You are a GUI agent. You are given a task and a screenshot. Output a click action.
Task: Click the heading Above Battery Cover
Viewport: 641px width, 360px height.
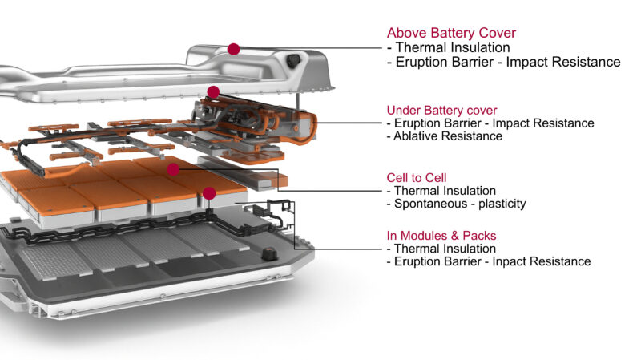tap(451, 33)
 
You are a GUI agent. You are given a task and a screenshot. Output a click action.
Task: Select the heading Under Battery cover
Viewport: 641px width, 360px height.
tap(442, 111)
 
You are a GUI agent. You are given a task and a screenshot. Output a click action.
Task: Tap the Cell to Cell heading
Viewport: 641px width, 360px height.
tap(417, 178)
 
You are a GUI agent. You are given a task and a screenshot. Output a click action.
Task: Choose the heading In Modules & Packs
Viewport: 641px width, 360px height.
tap(441, 236)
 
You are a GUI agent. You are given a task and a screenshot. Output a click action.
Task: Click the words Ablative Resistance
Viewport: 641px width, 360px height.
tap(448, 136)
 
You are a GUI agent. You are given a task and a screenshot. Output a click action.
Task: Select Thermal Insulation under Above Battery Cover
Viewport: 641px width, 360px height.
tap(453, 47)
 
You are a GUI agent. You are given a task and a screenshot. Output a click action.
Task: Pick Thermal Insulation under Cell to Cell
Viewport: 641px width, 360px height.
tap(445, 191)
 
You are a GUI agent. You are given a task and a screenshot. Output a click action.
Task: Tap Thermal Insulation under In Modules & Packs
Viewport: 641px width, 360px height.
tap(445, 249)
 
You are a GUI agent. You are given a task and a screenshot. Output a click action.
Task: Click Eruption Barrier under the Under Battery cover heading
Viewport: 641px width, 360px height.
tap(437, 123)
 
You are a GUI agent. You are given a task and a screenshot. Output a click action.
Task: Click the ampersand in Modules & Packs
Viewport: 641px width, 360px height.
tap(455, 236)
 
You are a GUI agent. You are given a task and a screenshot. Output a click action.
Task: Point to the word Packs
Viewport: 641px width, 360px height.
tap(479, 236)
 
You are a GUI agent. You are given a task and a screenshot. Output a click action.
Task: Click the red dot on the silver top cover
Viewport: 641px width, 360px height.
tap(233, 49)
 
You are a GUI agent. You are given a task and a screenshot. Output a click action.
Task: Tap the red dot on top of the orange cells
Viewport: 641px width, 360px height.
tap(173, 169)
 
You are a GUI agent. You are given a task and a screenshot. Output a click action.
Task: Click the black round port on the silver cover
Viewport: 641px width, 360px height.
tap(293, 61)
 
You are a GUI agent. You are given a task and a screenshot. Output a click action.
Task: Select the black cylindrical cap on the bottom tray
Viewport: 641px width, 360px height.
tap(269, 253)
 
